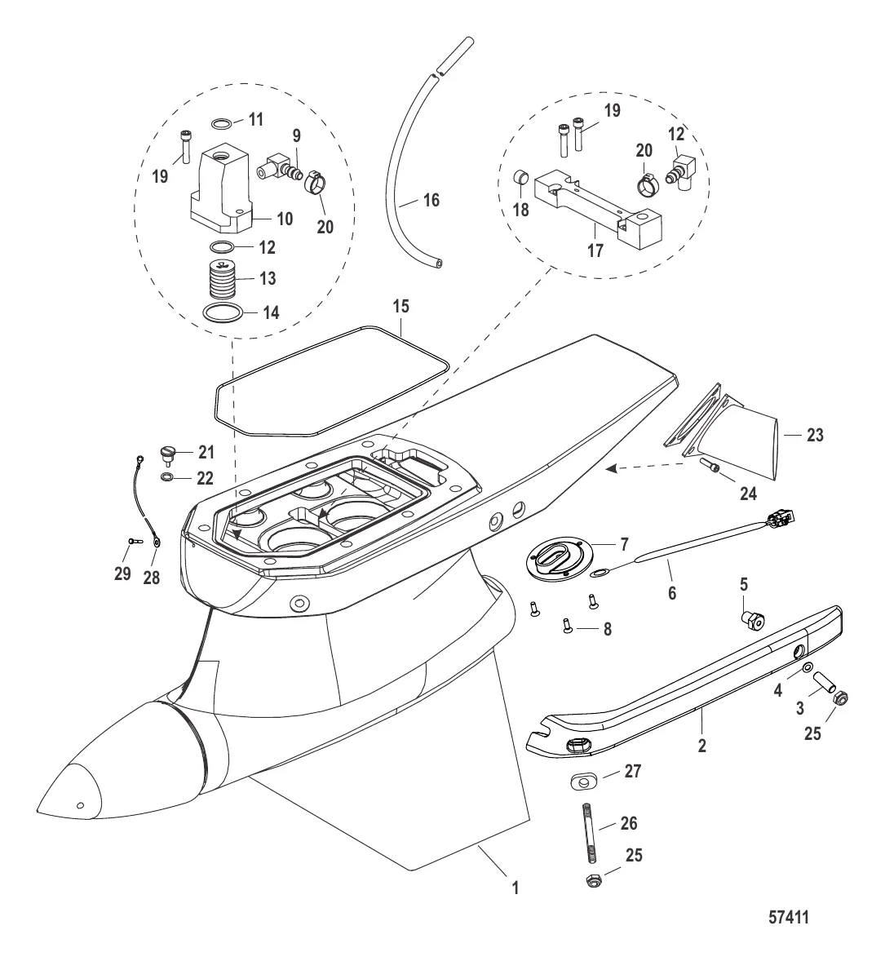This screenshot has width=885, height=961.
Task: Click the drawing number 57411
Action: (x=789, y=917)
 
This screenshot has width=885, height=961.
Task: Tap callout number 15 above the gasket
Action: (x=400, y=306)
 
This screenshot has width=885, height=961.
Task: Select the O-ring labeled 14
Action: (x=221, y=312)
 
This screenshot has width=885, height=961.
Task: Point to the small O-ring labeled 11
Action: (x=222, y=124)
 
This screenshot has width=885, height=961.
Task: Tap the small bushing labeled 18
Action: (x=520, y=178)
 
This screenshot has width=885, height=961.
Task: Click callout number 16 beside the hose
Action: (x=431, y=200)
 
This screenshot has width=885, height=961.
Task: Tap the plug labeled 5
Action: (x=751, y=621)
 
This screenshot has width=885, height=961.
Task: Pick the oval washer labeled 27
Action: (x=583, y=782)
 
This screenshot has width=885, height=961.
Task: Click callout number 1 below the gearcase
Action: (x=515, y=888)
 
